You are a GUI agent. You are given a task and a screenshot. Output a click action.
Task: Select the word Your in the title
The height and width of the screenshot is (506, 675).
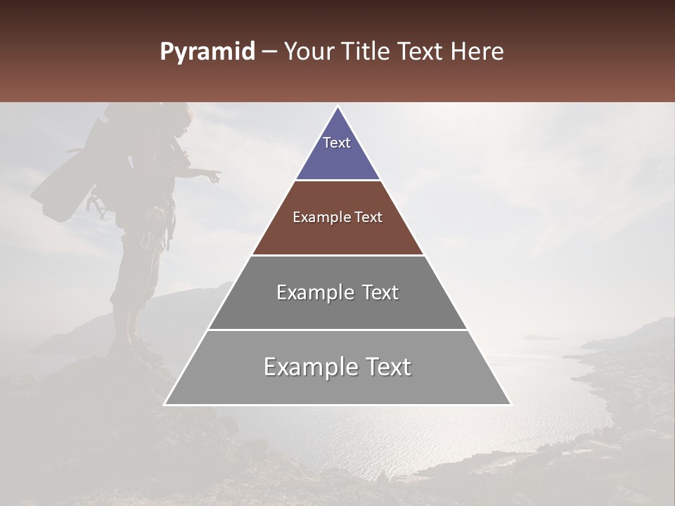[x=310, y=52]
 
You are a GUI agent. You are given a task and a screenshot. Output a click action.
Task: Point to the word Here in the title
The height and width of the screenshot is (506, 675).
[x=477, y=52]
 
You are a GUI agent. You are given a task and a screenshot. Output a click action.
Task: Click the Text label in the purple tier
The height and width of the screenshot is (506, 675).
[x=337, y=143]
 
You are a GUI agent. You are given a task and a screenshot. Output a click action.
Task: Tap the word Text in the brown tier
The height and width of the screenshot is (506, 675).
[x=368, y=217]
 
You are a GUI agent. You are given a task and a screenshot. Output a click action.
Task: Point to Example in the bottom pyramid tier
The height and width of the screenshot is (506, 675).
[x=308, y=367]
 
